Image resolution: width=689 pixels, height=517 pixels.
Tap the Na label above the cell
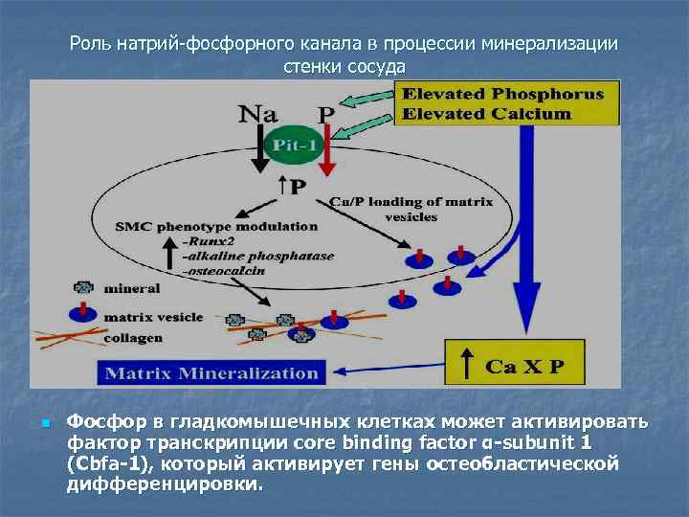pyautogui.click(x=258, y=113)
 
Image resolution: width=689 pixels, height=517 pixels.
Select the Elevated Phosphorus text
pyautogui.click(x=503, y=94)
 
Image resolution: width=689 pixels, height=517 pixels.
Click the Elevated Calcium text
pyautogui.click(x=487, y=113)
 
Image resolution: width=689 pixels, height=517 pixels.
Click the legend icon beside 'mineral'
pyautogui.click(x=83, y=287)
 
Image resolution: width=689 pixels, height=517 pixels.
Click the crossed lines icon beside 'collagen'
pyautogui.click(x=67, y=337)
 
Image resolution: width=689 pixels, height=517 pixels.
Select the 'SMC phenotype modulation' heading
pyautogui.click(x=216, y=227)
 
